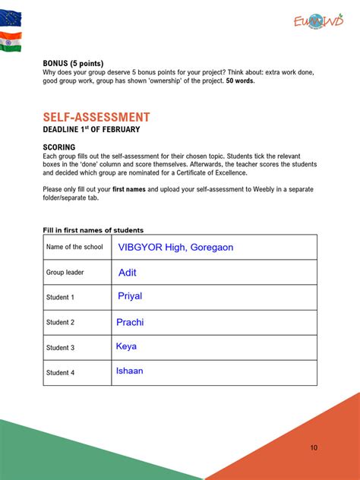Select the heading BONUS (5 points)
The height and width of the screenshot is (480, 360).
(x=73, y=63)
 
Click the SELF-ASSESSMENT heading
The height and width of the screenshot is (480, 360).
(x=96, y=117)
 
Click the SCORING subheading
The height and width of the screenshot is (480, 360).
(x=59, y=147)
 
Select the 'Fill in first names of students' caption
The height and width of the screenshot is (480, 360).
(x=93, y=230)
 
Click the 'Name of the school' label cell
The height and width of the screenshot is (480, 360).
(x=74, y=247)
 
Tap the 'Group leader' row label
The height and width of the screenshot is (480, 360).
(x=65, y=272)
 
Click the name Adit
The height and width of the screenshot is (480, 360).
(x=128, y=272)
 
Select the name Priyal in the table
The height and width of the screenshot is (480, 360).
(x=130, y=296)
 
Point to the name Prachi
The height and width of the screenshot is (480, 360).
(x=130, y=322)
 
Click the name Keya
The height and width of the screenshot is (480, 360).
(x=126, y=346)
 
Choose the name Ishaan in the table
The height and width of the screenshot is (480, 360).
(x=129, y=371)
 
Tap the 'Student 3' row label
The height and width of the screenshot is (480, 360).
(x=60, y=348)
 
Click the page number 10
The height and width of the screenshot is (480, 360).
(x=314, y=447)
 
